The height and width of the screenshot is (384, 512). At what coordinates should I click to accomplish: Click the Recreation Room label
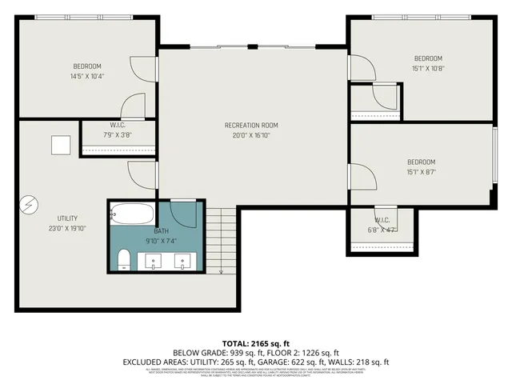tap(251, 125)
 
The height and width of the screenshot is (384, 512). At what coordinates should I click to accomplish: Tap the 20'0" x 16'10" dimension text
tap(251, 135)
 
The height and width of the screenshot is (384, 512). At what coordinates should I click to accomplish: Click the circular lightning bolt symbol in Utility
tap(28, 205)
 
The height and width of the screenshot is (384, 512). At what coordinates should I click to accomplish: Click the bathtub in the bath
tap(128, 214)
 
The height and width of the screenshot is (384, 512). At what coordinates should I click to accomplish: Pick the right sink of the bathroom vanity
tap(184, 259)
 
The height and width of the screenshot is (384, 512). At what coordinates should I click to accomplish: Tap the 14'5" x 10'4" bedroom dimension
tap(88, 76)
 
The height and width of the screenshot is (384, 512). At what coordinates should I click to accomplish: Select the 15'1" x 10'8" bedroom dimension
tap(427, 68)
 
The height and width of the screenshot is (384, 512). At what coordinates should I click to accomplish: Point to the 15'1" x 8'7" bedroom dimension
tap(421, 171)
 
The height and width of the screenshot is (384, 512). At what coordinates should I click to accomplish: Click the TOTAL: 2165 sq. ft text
tap(255, 342)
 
